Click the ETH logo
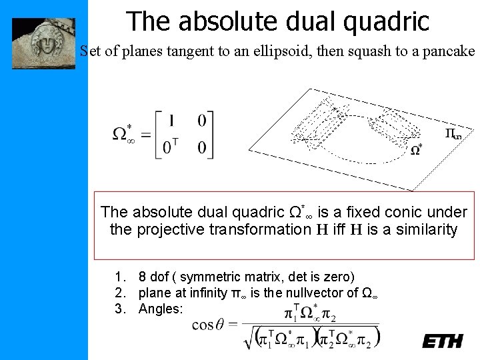coord(442,341)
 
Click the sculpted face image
coord(43,43)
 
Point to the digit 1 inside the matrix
coord(172,121)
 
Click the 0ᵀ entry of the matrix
coord(171,147)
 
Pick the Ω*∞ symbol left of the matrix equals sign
coord(121,133)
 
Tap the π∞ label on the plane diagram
coord(453,134)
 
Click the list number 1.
coord(119,277)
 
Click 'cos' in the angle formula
coord(201,325)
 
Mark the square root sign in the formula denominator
coord(249,337)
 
